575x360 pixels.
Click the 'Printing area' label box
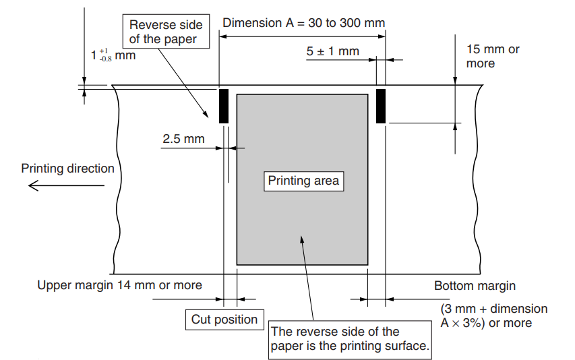303,181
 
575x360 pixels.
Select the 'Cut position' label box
224,320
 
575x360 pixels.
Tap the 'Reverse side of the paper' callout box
166,32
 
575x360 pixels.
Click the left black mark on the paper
224,106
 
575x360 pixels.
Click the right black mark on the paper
381,106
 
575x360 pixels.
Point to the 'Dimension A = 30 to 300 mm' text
303,23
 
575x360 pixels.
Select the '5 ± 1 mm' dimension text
332,51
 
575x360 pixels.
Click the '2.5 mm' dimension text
183,139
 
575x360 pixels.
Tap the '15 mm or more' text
493,56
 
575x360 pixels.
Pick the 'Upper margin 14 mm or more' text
119,285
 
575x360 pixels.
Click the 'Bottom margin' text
475,286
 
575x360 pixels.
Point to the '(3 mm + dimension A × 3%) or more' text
494,316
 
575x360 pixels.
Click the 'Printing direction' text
68,169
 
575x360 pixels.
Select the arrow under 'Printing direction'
66,185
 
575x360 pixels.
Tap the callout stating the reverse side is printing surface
350,340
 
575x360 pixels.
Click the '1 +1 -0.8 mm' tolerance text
113,55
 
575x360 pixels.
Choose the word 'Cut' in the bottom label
201,320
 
